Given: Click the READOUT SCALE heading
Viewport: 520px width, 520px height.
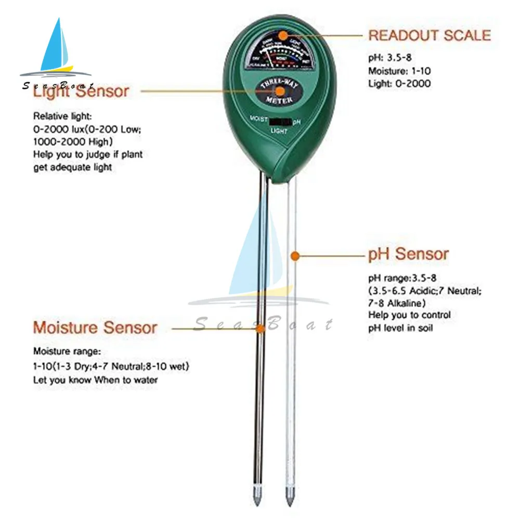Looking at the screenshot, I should pos(429,35).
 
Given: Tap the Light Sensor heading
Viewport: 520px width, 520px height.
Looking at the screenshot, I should pos(81,92).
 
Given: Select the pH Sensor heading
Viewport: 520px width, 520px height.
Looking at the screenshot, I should pos(408,254).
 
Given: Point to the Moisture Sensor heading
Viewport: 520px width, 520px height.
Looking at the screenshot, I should pos(95,328).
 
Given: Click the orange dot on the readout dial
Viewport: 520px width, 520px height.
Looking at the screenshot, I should pos(282,35).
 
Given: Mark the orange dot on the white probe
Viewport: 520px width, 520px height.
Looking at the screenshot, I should pos(294,255).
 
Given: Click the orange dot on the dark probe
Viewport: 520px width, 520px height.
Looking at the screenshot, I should pos(261,328).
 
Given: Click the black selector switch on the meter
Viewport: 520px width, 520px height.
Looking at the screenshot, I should pos(280,122).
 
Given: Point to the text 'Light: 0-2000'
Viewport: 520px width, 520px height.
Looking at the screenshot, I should pos(399,83).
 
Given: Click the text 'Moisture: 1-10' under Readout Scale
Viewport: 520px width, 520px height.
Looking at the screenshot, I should pos(399,71).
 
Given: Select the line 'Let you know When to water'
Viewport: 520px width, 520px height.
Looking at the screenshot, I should pos(96,380).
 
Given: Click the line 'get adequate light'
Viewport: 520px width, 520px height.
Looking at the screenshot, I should pos(72,167).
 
